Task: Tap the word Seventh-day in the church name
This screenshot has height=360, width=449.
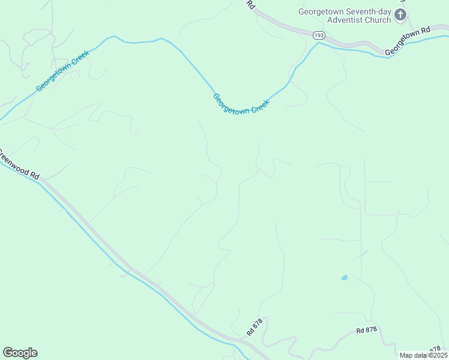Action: pos(369,11)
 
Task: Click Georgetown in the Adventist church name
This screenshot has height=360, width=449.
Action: pos(322,11)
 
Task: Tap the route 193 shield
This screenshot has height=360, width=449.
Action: pos(319,37)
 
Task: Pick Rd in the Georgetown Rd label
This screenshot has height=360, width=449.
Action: pos(426,30)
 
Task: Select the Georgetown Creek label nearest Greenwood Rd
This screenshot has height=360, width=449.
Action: pos(62,71)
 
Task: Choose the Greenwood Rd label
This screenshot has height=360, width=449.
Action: pos(18,166)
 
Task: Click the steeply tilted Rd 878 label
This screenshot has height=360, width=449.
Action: pos(255,328)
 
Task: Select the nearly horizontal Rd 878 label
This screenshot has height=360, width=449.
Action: pos(366,330)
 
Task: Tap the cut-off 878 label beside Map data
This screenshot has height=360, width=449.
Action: pos(436,349)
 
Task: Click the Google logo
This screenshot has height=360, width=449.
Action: pos(20,353)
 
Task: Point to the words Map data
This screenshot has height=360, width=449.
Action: pos(412,355)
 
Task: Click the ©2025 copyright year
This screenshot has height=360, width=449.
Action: pos(436,355)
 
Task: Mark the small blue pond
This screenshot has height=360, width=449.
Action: pos(344,278)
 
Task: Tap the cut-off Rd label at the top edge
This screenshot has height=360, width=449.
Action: pos(251,4)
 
